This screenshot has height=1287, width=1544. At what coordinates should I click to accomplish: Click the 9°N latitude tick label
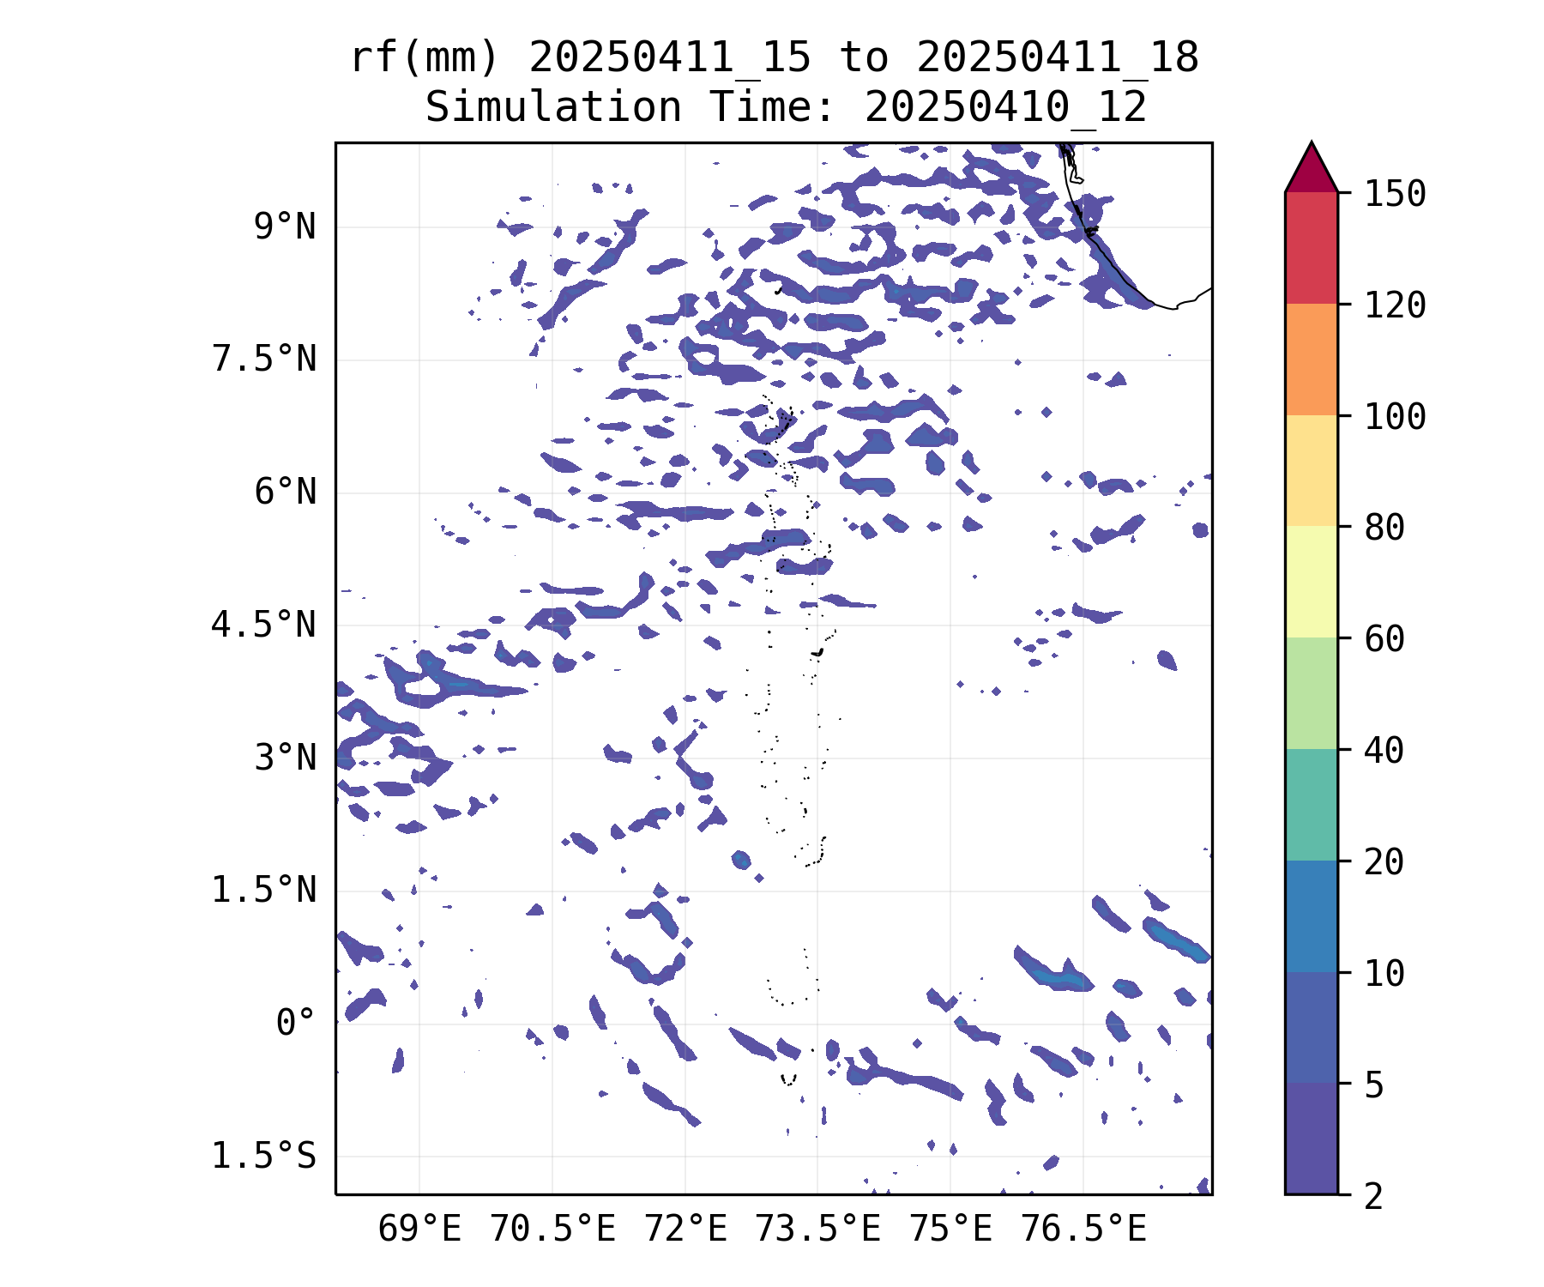click(285, 227)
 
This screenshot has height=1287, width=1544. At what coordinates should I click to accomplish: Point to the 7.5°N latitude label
click(264, 360)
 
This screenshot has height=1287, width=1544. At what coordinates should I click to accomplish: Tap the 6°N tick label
click(285, 492)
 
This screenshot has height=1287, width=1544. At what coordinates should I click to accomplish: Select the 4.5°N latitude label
click(264, 625)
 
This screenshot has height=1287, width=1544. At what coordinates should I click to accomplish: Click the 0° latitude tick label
click(296, 1023)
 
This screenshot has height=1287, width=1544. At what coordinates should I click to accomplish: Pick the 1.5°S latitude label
click(264, 1156)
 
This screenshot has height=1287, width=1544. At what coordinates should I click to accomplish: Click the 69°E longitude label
click(419, 1230)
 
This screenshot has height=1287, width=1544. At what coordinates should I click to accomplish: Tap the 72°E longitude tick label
click(685, 1230)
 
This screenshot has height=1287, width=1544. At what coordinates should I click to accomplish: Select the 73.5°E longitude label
click(817, 1230)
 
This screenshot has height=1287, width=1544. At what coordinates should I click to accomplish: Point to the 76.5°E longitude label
click(1083, 1230)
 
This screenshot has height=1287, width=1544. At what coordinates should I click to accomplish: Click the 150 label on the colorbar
click(1395, 194)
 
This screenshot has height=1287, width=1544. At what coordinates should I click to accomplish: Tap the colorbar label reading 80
click(1384, 528)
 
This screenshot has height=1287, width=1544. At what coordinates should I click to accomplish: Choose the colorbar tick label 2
click(1374, 1196)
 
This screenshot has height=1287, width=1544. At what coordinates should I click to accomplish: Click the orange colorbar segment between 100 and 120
click(1311, 360)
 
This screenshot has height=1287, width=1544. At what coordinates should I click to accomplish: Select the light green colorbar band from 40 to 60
click(1311, 693)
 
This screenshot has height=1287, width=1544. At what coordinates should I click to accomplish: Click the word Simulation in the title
click(553, 107)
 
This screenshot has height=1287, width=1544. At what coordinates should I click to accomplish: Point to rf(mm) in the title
click(425, 58)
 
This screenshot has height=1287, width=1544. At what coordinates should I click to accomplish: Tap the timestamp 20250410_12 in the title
click(1005, 107)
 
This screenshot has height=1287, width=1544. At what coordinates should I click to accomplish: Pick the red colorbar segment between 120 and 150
click(1311, 248)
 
